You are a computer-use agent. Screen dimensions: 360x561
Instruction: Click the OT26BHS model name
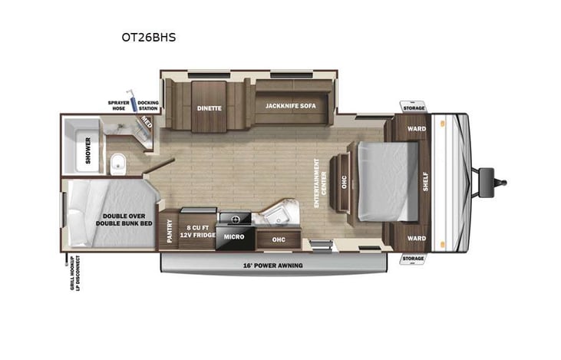pos(147,36)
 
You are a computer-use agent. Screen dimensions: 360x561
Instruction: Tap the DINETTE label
pos(209,108)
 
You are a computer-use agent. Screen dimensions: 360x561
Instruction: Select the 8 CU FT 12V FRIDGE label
pos(199,232)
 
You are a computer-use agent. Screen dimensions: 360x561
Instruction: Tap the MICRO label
pos(234,236)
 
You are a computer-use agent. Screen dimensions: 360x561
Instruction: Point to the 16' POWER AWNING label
pos(272,265)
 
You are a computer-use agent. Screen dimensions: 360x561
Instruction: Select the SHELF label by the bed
pos(425,181)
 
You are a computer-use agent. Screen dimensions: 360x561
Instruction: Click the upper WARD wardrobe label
pos(417,128)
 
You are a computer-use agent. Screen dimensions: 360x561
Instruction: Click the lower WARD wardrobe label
pos(417,237)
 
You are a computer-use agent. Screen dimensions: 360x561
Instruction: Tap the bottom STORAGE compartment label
pos(413,259)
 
